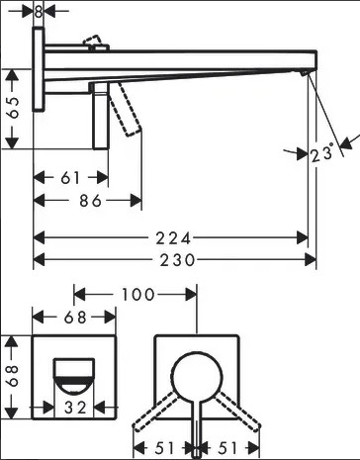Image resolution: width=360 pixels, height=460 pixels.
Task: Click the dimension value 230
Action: [177, 260]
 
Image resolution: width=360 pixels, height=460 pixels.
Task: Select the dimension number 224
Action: [173, 238]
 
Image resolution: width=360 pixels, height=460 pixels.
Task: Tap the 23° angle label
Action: [321, 153]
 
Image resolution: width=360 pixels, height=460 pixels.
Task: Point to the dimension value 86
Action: [90, 201]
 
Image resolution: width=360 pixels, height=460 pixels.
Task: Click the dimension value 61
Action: [70, 178]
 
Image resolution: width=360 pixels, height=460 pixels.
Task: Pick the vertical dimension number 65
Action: [14, 108]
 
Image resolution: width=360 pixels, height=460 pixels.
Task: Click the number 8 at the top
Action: [39, 12]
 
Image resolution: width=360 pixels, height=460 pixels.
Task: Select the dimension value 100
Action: [138, 294]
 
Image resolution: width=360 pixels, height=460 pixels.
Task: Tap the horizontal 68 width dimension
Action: [75, 318]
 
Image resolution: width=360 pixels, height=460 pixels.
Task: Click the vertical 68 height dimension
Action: [14, 376]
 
